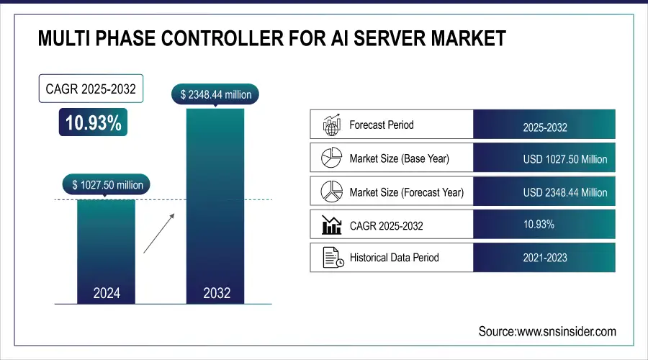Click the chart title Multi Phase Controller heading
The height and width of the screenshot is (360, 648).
pos(271,38)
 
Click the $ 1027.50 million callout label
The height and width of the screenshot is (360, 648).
pos(108,185)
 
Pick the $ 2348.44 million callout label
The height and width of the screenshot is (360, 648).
pos(215,94)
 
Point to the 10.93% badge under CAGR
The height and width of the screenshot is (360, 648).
pos(94,123)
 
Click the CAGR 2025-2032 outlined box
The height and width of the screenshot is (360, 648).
pos(91,89)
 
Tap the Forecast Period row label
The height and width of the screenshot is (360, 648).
pos(382,125)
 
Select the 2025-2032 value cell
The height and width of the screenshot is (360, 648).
pos(545,127)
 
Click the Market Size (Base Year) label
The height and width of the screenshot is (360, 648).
pos(398,158)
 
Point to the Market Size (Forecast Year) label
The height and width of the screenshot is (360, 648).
pos(406,192)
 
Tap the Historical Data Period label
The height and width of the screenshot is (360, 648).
pos(394,257)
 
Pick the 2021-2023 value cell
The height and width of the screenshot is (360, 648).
pos(545,257)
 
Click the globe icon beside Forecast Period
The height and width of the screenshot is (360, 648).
pos(331,125)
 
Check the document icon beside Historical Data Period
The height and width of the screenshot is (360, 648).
pos(331,257)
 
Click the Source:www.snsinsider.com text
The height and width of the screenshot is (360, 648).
pos(547,331)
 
